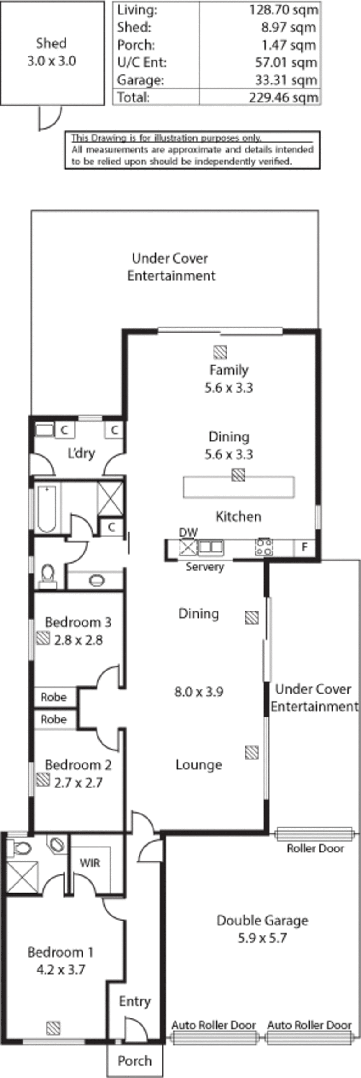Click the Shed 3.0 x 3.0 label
(x=51, y=52)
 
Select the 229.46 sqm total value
(x=283, y=97)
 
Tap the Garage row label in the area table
(x=140, y=80)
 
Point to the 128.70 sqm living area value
(x=283, y=10)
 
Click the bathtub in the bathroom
(x=46, y=509)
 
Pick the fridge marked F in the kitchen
(x=305, y=547)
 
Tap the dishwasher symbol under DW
(x=187, y=547)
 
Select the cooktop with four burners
(x=264, y=547)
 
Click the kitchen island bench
(x=239, y=487)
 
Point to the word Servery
(x=205, y=567)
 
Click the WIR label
(x=90, y=863)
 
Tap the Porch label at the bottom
(x=134, y=1060)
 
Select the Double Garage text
(x=263, y=920)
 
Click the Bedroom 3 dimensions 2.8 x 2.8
(x=79, y=640)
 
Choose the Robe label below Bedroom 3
(x=53, y=697)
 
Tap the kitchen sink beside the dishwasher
(x=211, y=547)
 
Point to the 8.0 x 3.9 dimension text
(x=199, y=692)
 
